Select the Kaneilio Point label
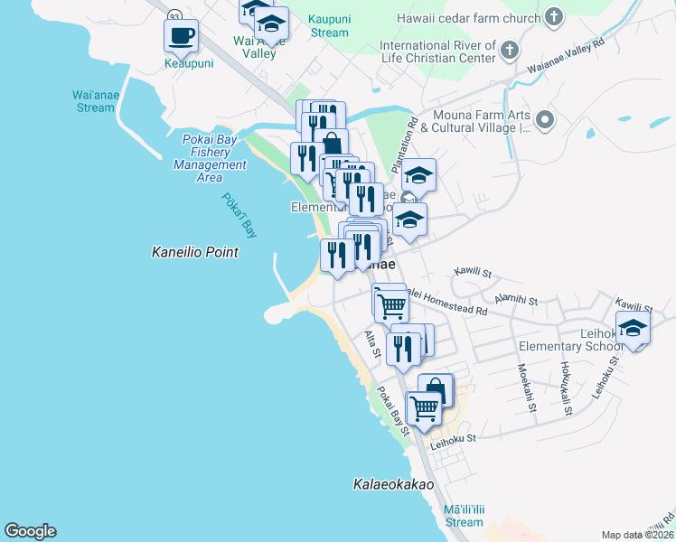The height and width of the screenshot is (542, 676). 194,253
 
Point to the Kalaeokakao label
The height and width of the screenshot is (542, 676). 393,485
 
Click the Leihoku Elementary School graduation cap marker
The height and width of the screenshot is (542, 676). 633,329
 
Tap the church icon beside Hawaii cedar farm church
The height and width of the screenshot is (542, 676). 553,17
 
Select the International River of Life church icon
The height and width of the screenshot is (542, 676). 512,51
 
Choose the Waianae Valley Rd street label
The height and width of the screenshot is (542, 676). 578,58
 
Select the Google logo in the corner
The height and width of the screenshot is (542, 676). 31,531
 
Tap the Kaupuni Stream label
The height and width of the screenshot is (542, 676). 328,25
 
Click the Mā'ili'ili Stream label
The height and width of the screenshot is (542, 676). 464,516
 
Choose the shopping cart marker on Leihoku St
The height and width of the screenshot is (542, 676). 423,408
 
